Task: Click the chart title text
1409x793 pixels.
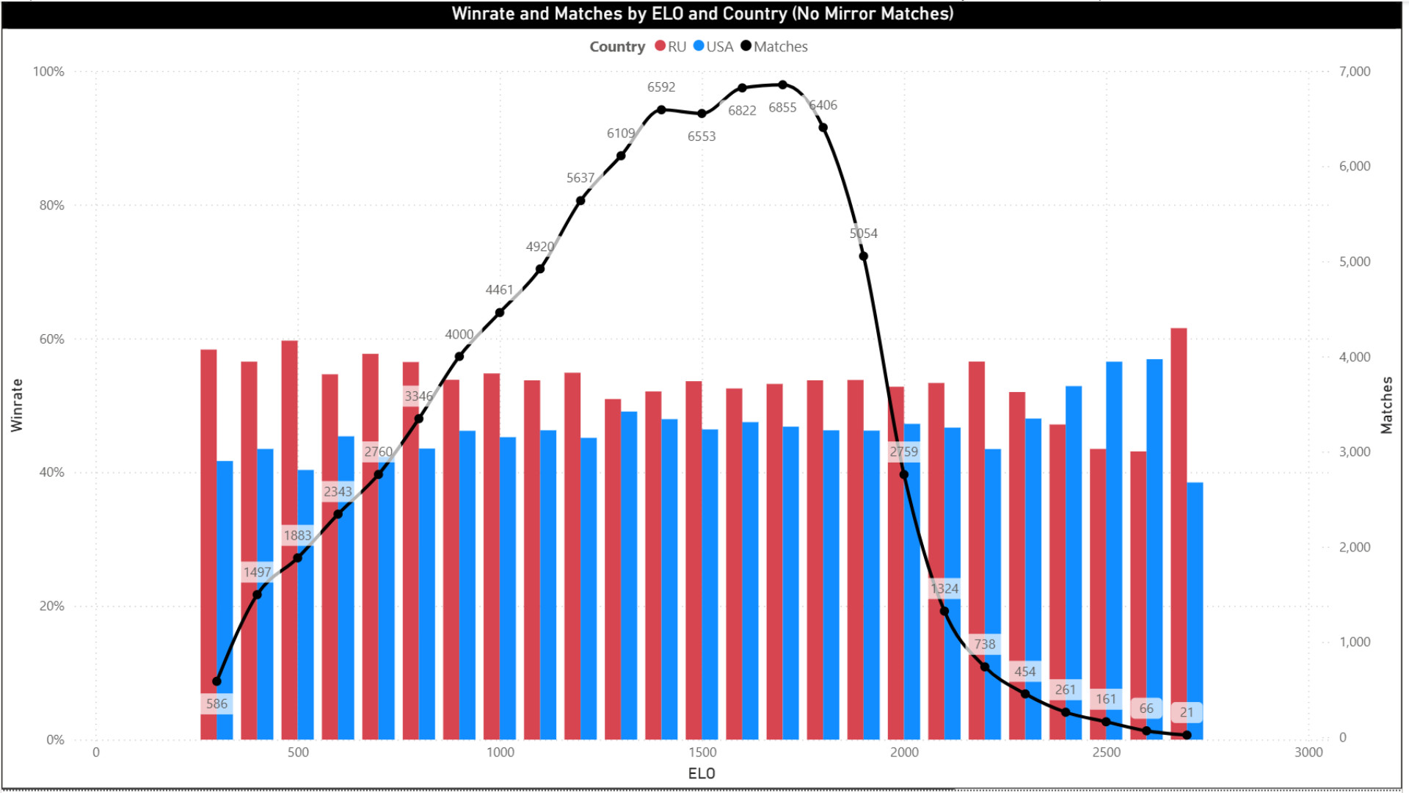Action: [702, 14]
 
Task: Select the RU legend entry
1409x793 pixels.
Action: [670, 46]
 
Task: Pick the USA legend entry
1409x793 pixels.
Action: [713, 46]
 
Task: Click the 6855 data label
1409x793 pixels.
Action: [782, 108]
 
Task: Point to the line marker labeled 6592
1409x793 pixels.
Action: [661, 110]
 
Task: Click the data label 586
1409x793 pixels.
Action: [216, 703]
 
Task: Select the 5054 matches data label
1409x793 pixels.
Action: [863, 233]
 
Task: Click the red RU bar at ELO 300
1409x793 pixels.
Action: [208, 544]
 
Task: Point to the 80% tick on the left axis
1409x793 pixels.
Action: [51, 206]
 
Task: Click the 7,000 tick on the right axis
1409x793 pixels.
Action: [1354, 71]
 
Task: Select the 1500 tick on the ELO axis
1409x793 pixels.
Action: [702, 752]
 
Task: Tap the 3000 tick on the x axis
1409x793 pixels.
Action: [1308, 752]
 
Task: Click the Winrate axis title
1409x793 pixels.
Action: [16, 405]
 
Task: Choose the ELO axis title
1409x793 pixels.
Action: [702, 773]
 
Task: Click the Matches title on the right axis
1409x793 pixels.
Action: [1386, 405]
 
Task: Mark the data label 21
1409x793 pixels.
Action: [1187, 712]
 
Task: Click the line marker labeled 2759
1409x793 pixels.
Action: [903, 474]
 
